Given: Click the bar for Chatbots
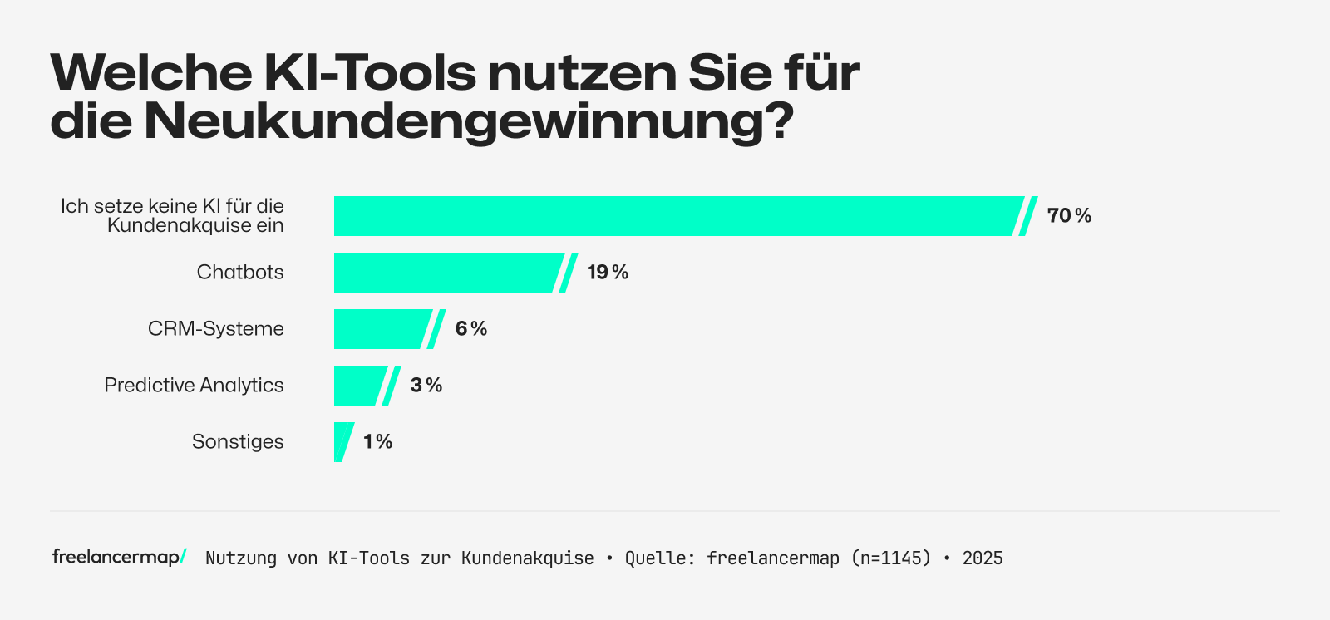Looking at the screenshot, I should (x=445, y=273).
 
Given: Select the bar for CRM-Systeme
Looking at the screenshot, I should (x=381, y=329).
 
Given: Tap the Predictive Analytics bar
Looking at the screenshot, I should (x=358, y=386).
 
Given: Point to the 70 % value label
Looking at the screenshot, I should (x=1069, y=216).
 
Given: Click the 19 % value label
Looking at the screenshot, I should (x=608, y=273).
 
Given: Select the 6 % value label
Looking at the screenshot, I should (x=471, y=329).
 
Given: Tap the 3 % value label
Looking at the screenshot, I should (x=426, y=386).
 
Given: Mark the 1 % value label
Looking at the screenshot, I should (x=378, y=441).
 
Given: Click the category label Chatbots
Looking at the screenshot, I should (x=240, y=273).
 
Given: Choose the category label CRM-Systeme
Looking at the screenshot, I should (x=216, y=329).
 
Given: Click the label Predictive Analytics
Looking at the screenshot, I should (x=194, y=386).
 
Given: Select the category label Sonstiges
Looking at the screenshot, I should (x=238, y=441).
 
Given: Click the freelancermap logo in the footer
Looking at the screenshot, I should (x=118, y=557).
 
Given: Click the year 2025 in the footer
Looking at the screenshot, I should (x=983, y=558).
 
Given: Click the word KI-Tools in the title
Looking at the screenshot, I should (x=370, y=73).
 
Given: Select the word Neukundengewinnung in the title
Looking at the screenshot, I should (x=469, y=121).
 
